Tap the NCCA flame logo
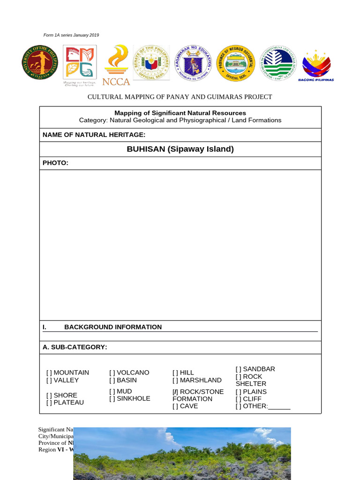[x=116, y=65]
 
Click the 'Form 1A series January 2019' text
[x=71, y=35]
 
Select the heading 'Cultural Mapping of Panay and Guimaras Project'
[x=180, y=97]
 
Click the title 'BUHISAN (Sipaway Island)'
[x=180, y=149]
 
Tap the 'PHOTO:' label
[x=55, y=163]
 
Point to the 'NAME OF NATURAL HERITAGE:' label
[x=94, y=135]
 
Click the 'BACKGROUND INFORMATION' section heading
[x=112, y=327]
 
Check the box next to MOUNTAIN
[x=49, y=373]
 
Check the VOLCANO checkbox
[x=112, y=373]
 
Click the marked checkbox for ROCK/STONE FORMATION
[x=175, y=392]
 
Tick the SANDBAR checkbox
[x=239, y=369]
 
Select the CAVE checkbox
[x=175, y=406]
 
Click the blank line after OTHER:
[x=279, y=406]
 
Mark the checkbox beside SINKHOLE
[x=112, y=399]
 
